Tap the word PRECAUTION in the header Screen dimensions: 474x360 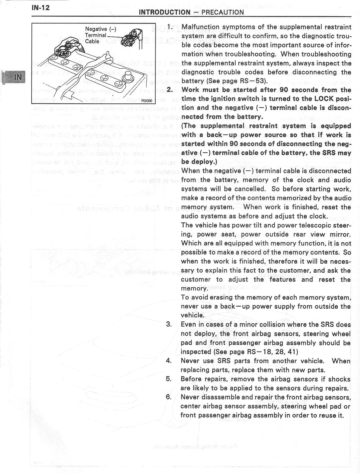(223, 12)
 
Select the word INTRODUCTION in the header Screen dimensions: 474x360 (165, 12)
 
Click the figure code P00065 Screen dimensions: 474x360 (147, 101)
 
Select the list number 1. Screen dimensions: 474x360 (170, 27)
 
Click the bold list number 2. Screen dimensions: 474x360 (170, 90)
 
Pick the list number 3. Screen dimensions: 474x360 (169, 324)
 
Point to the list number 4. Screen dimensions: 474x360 (169, 361)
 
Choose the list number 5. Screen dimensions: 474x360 (169, 379)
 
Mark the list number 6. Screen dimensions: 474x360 (169, 397)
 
